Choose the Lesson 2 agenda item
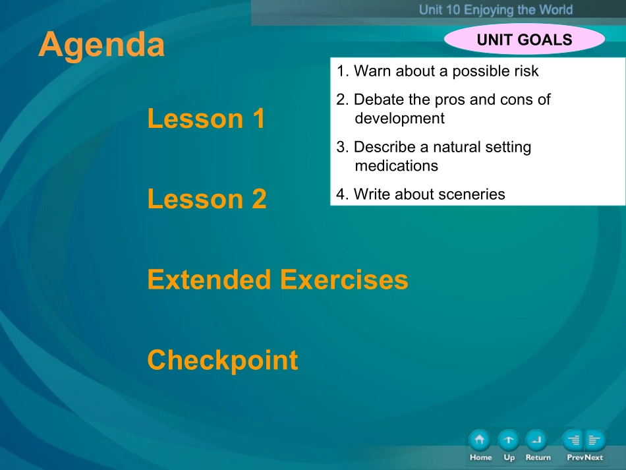207,198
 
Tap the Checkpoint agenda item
223,360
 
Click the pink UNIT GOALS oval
525,39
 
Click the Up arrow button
509,440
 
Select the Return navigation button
537,440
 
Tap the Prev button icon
573,440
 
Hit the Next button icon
595,440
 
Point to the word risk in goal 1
526,71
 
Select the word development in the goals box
399,119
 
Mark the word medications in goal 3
397,165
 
